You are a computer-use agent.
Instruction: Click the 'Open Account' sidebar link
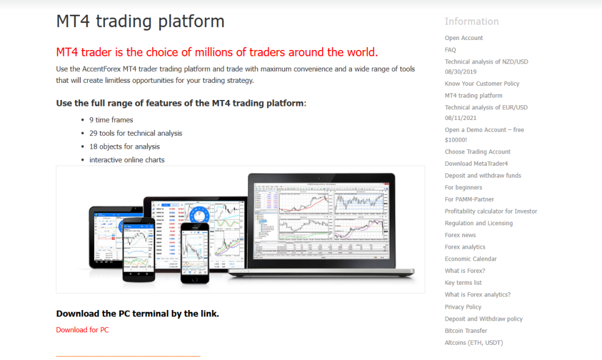pyautogui.click(x=464, y=38)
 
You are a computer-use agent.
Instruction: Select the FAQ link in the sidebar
pyautogui.click(x=450, y=50)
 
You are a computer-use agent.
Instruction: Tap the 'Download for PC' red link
pyautogui.click(x=82, y=330)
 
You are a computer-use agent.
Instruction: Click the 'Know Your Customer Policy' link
pyautogui.click(x=482, y=84)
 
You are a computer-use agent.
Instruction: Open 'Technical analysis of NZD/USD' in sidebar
pyautogui.click(x=486, y=62)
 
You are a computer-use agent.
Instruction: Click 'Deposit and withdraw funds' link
pyautogui.click(x=483, y=175)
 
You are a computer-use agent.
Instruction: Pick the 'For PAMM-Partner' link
pyautogui.click(x=470, y=199)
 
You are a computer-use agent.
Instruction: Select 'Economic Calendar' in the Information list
pyautogui.click(x=470, y=259)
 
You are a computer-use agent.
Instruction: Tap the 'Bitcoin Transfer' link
pyautogui.click(x=466, y=331)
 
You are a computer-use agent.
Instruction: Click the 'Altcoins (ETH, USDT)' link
pyautogui.click(x=473, y=342)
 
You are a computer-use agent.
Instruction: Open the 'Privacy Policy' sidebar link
pyautogui.click(x=463, y=307)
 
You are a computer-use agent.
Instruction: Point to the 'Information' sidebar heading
pyautogui.click(x=471, y=22)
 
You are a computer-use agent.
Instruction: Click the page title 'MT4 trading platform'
pyautogui.click(x=141, y=22)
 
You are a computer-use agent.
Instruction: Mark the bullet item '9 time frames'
pyautogui.click(x=111, y=120)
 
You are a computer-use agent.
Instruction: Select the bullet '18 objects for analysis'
pyautogui.click(x=125, y=146)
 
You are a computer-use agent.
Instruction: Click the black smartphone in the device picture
pyautogui.click(x=195, y=251)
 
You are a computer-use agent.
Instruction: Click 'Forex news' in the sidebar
pyautogui.click(x=460, y=235)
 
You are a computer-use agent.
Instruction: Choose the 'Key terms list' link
pyautogui.click(x=463, y=283)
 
